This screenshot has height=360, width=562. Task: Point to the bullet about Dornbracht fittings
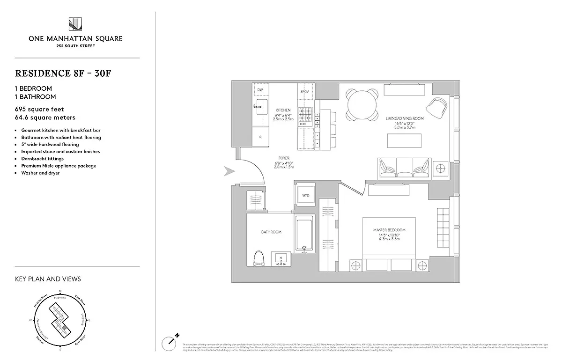(x=43, y=159)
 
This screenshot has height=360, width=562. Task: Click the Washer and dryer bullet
(x=40, y=173)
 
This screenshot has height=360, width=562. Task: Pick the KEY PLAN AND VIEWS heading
(x=48, y=279)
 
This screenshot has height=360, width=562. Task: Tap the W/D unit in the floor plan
(x=305, y=195)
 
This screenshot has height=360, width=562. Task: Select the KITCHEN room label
(x=283, y=110)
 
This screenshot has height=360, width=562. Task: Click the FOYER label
(x=283, y=158)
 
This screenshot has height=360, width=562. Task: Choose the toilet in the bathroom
(x=258, y=259)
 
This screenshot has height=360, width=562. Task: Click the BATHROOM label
(x=271, y=232)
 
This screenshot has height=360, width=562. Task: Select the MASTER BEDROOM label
(x=389, y=230)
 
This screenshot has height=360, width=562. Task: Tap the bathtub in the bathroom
(x=305, y=235)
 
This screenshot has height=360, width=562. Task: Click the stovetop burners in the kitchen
(x=306, y=114)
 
